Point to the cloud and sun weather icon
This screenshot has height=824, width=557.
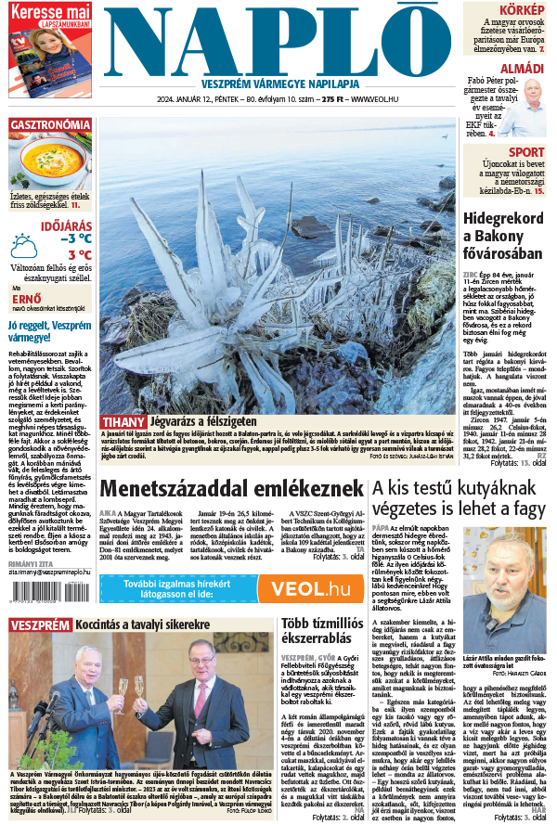click(24, 246)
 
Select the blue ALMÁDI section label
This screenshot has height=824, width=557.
click(523, 69)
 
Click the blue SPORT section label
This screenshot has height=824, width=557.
click(526, 152)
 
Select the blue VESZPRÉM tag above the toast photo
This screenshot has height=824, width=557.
click(40, 624)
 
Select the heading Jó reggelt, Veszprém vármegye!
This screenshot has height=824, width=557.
click(50, 331)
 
